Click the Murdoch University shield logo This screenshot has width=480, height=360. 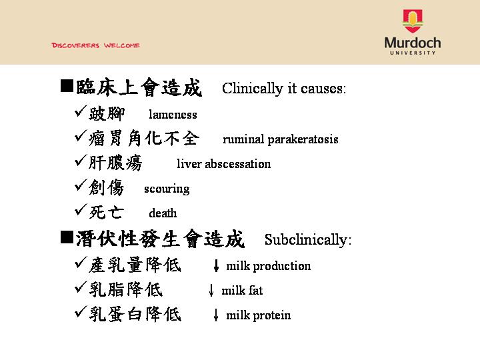[x=413, y=21]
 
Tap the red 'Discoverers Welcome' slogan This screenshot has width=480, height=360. [x=96, y=45]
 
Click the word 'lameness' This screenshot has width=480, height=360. [x=173, y=115]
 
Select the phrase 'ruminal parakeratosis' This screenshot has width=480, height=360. [x=281, y=139]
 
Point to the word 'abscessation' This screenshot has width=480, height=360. [x=238, y=164]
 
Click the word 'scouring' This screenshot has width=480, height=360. [x=167, y=189]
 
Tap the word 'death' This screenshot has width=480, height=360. [x=163, y=213]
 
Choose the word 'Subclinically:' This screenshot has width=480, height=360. [x=308, y=240]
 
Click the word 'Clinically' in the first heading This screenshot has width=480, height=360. [x=253, y=89]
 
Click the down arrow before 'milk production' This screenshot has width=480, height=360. [x=216, y=265]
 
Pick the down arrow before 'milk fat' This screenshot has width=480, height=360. [x=211, y=290]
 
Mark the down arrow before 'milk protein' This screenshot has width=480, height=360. [x=216, y=315]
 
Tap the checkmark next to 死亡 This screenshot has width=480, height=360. [x=81, y=210]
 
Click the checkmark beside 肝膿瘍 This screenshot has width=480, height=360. [x=81, y=161]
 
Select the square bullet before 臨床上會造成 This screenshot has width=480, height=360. [x=67, y=86]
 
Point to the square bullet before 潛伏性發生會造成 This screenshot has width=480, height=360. [x=67, y=237]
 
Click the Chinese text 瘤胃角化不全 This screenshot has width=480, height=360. [x=144, y=138]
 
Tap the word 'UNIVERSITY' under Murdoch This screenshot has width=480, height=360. [x=413, y=53]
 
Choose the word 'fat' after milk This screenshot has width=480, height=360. [x=255, y=290]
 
